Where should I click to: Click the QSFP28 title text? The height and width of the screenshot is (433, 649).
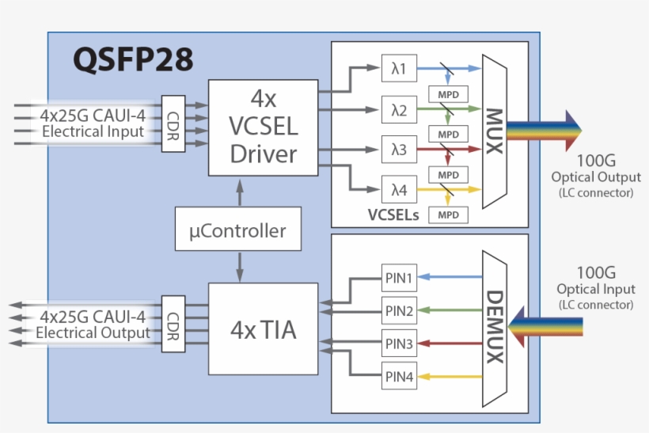(133, 60)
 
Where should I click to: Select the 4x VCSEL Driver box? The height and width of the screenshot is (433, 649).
(263, 127)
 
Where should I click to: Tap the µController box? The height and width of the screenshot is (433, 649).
(238, 232)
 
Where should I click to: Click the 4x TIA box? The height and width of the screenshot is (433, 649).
(263, 329)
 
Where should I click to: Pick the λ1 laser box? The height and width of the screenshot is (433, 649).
(398, 70)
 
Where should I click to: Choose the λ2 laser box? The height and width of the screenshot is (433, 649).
(398, 109)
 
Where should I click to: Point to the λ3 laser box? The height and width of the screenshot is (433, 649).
(398, 149)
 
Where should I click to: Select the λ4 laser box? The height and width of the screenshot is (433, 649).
(398, 188)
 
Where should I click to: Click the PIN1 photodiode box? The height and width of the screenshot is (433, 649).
(398, 278)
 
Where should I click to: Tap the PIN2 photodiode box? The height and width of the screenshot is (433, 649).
(398, 310)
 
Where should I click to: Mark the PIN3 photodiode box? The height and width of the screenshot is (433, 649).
(398, 344)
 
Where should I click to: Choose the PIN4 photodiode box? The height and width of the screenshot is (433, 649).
(398, 377)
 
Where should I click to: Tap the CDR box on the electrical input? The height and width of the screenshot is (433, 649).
(173, 123)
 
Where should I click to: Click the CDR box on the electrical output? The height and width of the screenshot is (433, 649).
(173, 323)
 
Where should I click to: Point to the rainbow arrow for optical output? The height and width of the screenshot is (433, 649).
(544, 128)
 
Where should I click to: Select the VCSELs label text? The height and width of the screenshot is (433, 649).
(393, 215)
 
